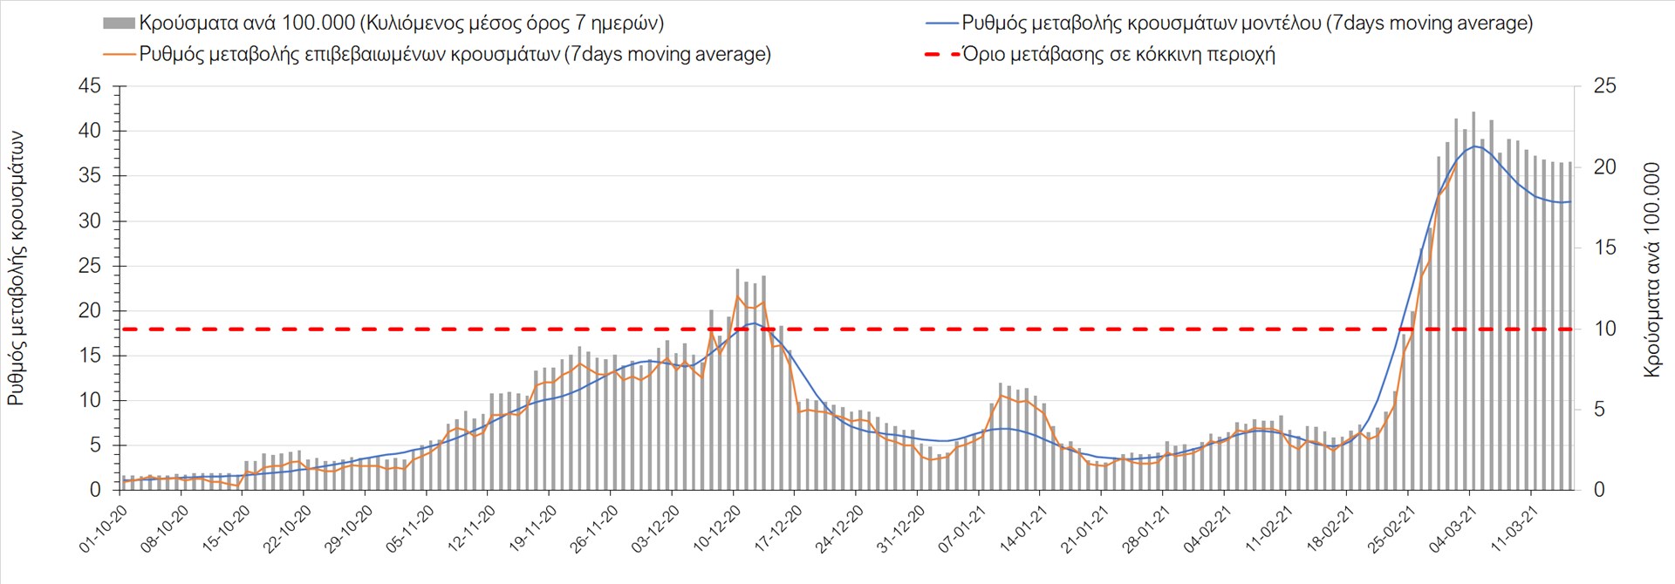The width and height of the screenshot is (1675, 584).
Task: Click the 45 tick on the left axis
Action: click(x=91, y=86)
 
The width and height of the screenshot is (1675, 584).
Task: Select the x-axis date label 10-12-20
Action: click(x=716, y=529)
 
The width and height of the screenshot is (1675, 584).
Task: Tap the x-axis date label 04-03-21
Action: click(x=1453, y=529)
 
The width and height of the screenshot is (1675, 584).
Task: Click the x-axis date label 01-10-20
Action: click(x=104, y=529)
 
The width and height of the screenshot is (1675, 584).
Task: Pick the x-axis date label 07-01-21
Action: click(x=961, y=529)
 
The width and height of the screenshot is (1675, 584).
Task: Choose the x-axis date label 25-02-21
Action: click(x=1391, y=529)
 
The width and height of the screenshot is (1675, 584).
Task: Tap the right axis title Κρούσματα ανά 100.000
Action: click(x=1651, y=268)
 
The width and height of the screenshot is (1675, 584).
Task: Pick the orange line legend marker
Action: click(x=119, y=55)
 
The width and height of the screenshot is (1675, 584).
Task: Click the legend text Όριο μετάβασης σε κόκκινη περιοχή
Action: click(x=1118, y=55)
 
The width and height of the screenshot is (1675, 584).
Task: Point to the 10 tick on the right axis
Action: click(x=1604, y=329)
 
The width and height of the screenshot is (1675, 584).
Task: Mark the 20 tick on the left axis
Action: click(x=91, y=311)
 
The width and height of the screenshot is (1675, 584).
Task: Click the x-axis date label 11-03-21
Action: click(x=1514, y=529)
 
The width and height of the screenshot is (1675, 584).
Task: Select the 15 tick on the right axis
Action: click(x=1604, y=248)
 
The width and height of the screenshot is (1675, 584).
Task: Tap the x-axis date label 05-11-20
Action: click(x=410, y=529)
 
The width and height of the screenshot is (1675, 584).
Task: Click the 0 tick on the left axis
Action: click(x=96, y=490)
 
